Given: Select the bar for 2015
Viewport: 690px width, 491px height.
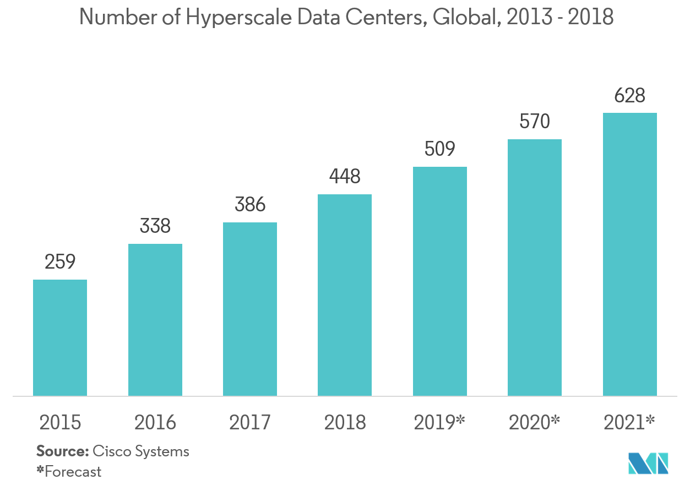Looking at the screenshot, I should (x=60, y=337).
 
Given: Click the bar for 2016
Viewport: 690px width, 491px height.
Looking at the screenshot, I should (x=155, y=320).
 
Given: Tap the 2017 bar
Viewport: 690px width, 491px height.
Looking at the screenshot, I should (x=250, y=309).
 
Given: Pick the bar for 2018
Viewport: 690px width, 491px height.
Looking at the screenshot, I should (x=345, y=295).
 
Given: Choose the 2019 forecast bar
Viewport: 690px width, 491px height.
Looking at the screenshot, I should (x=440, y=281).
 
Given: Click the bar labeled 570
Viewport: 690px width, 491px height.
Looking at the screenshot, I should (x=535, y=268).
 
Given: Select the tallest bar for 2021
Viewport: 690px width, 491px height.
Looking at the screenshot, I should (x=630, y=254).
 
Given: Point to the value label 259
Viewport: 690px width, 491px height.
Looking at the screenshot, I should (x=60, y=263).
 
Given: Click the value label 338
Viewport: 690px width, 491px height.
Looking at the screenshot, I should (x=155, y=226).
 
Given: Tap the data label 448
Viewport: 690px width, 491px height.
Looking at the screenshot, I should (x=345, y=177).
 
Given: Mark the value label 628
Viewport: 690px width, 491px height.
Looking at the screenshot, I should (x=630, y=96).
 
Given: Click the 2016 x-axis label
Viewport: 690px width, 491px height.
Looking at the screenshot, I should (x=155, y=423).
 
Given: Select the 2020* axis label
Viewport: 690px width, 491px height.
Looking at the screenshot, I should (x=535, y=423).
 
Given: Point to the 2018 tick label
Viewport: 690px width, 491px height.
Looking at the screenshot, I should (x=345, y=423).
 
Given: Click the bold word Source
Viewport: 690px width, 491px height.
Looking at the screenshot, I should (x=62, y=452).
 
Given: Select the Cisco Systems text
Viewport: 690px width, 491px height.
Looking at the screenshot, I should (x=141, y=452).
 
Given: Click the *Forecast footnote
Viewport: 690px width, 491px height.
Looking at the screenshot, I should (x=69, y=472).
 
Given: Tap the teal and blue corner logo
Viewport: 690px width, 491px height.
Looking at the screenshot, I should (x=649, y=462).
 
